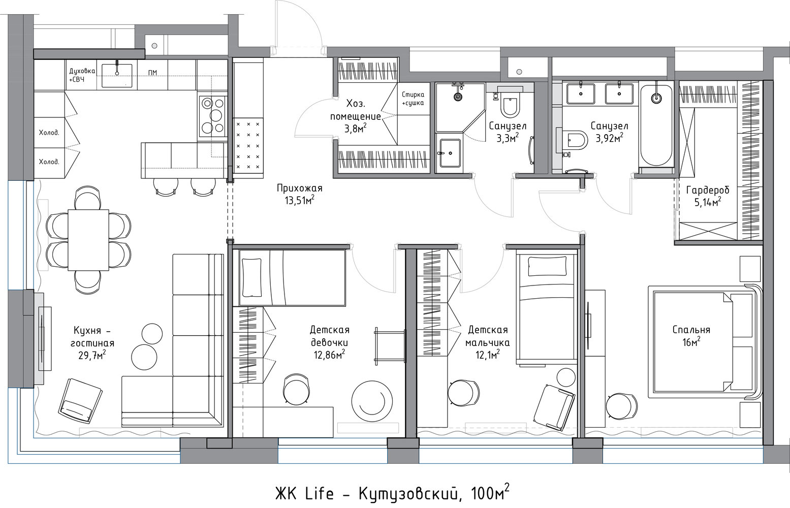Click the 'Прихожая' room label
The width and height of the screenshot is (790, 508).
point(299,188)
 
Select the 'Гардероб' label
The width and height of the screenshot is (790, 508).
point(708,190)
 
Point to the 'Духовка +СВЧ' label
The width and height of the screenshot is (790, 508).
point(82,75)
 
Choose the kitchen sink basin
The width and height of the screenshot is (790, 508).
point(117,76)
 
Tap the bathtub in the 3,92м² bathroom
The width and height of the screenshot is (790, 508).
point(656,125)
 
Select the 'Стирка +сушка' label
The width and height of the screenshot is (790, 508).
point(413,99)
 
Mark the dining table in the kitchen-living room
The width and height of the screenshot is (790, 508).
point(88,240)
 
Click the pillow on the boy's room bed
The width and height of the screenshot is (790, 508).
point(547,266)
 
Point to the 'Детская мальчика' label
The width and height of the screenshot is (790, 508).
point(487,336)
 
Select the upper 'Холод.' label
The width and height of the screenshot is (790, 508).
point(49,133)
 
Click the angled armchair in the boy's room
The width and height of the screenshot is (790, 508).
point(554,407)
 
